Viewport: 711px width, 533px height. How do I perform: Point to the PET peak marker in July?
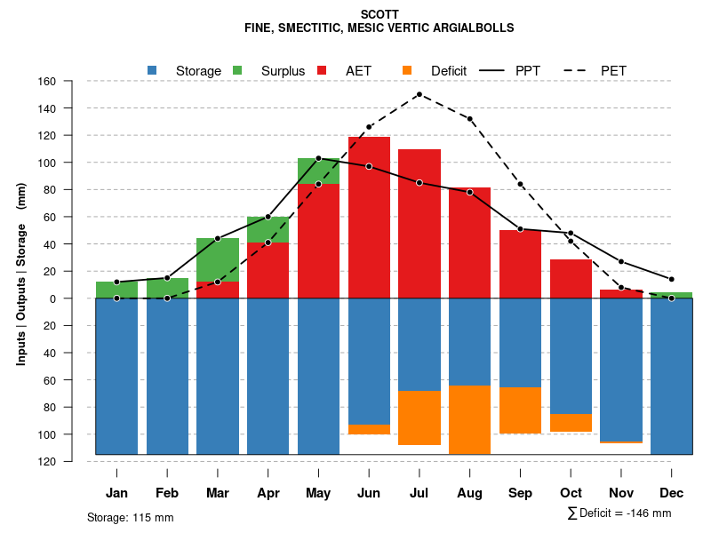pyautogui.click(x=419, y=94)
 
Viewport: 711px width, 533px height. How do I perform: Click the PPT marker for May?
pyautogui.click(x=318, y=158)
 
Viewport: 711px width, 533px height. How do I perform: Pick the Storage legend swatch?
pyautogui.click(x=153, y=70)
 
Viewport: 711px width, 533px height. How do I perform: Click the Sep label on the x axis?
pyautogui.click(x=520, y=493)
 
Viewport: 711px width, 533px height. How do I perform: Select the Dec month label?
pyautogui.click(x=672, y=493)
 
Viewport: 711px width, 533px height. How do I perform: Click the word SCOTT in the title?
pyautogui.click(x=379, y=15)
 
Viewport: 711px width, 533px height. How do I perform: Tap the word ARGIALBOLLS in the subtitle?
pyautogui.click(x=472, y=28)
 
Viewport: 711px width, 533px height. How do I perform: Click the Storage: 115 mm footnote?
pyautogui.click(x=130, y=517)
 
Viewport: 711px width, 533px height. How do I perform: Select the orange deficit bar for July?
pyautogui.click(x=419, y=418)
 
